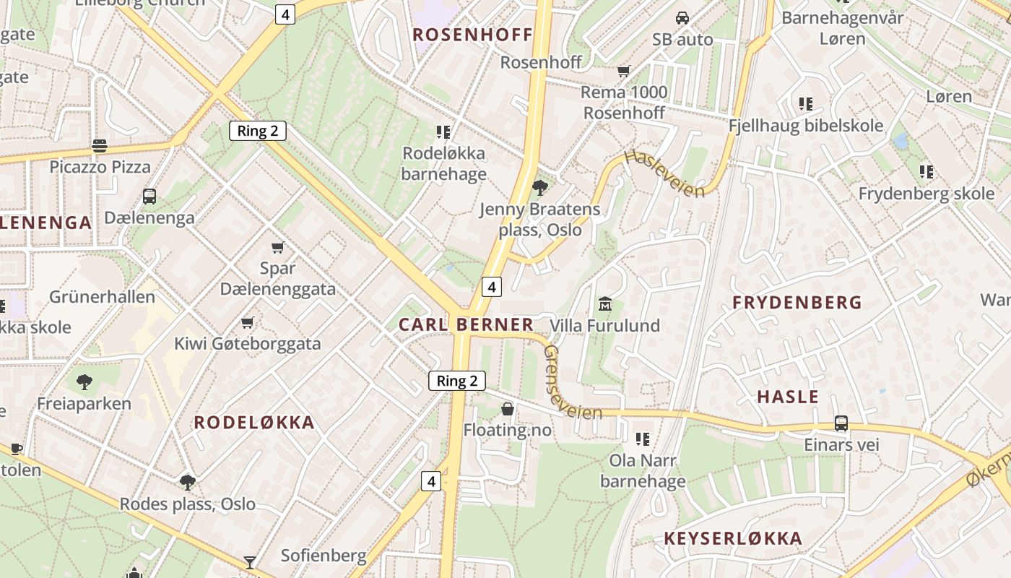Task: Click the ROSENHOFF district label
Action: [x=472, y=35]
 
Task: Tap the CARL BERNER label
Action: [x=467, y=325]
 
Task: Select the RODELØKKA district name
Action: [x=254, y=423]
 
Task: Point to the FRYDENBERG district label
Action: [x=797, y=303]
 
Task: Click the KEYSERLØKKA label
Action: [x=733, y=538]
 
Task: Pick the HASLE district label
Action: [x=788, y=397]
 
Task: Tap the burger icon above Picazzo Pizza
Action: [x=100, y=146]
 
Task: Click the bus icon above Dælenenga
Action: [x=149, y=196]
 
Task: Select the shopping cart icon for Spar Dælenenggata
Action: [x=277, y=247]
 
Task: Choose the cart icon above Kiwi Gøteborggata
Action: [x=248, y=322]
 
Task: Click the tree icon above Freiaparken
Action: [x=84, y=381]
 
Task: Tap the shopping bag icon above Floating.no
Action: [x=508, y=410]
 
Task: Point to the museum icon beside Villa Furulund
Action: [x=605, y=304]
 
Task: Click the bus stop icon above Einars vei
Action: [x=841, y=423]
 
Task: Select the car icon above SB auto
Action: [x=682, y=17]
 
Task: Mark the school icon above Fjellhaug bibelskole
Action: [x=806, y=104]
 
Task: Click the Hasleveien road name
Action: [x=664, y=173]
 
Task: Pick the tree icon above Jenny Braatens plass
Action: [x=539, y=188]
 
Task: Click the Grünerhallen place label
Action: [x=102, y=297]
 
